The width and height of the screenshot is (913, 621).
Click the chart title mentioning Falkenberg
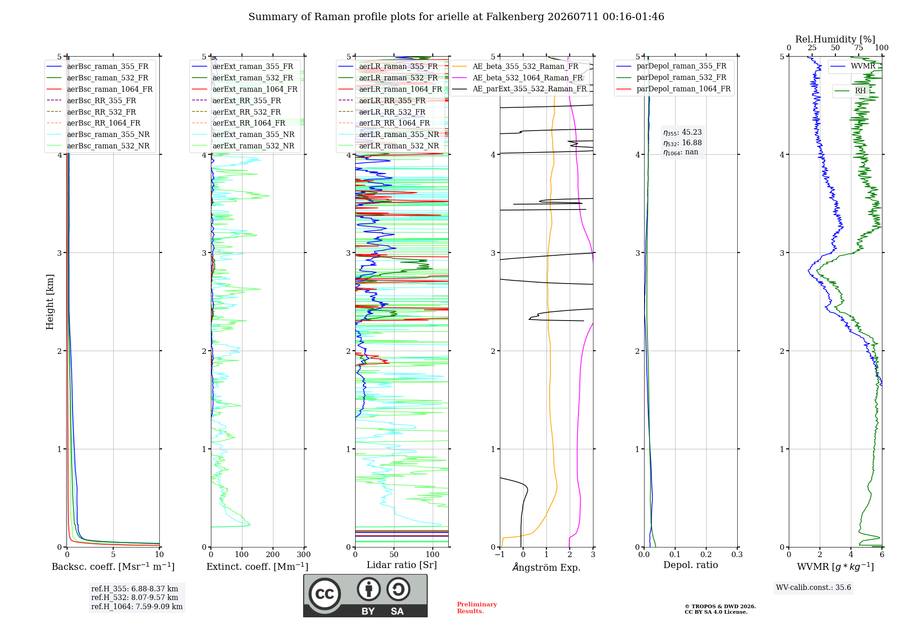click(x=456, y=17)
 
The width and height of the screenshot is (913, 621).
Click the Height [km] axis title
click(x=50, y=302)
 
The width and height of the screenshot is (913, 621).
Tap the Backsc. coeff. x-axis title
click(x=113, y=567)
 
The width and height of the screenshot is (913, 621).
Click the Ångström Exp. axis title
click(x=546, y=567)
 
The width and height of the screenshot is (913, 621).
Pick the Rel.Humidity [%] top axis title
click(x=835, y=39)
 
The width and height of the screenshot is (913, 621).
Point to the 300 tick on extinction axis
click(x=304, y=554)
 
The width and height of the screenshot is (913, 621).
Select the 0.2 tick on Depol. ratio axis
click(x=706, y=554)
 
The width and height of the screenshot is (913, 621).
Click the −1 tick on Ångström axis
click(x=500, y=554)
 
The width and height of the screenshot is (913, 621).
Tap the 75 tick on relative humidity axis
click(x=859, y=48)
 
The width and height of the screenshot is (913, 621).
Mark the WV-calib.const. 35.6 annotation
click(x=813, y=588)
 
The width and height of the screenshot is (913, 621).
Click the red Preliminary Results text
click(x=477, y=608)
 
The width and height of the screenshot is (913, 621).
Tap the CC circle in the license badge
click(x=325, y=594)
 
